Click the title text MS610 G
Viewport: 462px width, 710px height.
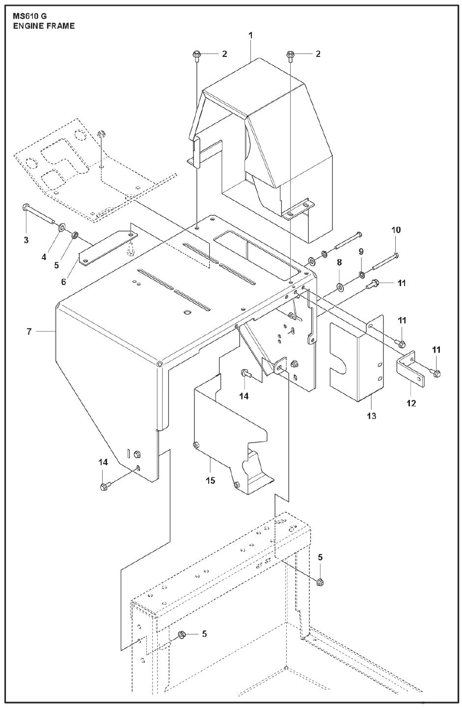30,16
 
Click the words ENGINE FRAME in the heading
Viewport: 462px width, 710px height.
44,26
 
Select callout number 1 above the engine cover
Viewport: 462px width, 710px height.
250,35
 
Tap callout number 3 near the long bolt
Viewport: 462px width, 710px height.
26,240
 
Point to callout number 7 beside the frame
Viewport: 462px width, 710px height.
29,332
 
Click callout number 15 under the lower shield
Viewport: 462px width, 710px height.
210,480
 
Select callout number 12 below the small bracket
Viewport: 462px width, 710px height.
411,403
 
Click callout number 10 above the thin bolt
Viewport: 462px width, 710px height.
396,230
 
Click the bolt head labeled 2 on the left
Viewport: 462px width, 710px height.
196,54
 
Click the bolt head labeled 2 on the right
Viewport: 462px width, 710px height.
290,54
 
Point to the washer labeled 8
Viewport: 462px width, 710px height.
339,286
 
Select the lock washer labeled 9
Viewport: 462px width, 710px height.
361,274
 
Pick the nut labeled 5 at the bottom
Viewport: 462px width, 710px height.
180,634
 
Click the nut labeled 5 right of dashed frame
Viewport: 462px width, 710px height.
320,582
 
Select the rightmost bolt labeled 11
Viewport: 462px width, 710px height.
436,374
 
